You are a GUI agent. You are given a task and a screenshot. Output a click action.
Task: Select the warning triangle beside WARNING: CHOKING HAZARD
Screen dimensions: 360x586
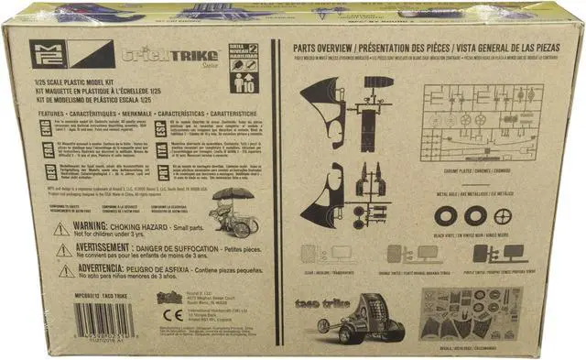click(62, 229)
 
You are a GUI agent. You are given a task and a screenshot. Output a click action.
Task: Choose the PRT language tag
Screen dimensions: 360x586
click(161, 171)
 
